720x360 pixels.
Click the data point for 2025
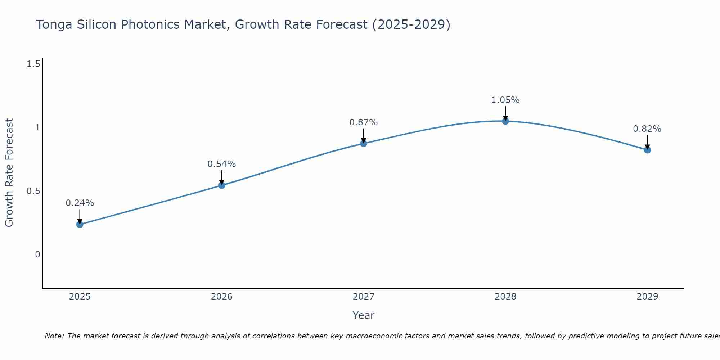tap(80, 224)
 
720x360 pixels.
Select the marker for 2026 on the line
tap(222, 185)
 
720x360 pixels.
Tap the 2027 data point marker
tap(364, 143)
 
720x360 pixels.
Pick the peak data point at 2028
tap(505, 121)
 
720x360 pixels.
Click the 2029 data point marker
tap(647, 150)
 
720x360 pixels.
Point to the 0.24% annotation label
tap(80, 203)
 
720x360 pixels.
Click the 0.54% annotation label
tap(222, 164)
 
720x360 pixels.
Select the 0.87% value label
tap(364, 122)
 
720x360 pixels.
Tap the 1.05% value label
tap(505, 100)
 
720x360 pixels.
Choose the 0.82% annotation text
tap(647, 129)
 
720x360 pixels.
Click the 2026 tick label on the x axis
tap(222, 297)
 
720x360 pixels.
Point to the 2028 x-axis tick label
tap(505, 297)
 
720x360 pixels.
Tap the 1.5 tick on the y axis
tap(33, 64)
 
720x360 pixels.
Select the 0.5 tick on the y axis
tap(33, 191)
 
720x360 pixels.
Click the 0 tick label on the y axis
tap(37, 255)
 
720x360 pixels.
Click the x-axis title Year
tap(364, 315)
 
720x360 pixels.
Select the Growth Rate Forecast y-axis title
tap(9, 173)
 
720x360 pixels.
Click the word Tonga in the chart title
tap(54, 24)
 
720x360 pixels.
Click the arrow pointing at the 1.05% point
tap(505, 113)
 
